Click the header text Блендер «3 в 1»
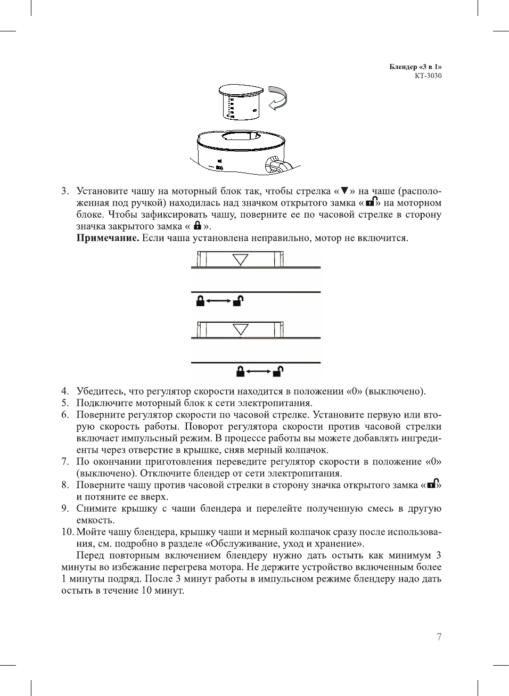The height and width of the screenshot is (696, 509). coord(415,67)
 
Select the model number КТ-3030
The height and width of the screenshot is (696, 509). coord(428,76)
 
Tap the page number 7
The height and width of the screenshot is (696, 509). coord(439,637)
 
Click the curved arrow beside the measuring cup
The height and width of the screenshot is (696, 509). coord(278,97)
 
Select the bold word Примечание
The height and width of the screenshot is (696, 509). coord(108,238)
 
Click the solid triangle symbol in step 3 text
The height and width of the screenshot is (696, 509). coord(344,191)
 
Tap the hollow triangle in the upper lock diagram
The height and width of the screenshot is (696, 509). coord(241,260)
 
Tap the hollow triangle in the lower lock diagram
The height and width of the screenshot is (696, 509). coord(241,330)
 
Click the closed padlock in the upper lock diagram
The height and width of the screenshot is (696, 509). coord(200,301)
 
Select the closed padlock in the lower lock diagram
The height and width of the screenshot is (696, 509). coord(241,371)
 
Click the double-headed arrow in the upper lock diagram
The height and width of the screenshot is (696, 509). coord(219,301)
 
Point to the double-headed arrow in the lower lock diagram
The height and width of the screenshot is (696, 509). coord(259,371)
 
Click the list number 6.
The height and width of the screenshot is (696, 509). coord(65,415)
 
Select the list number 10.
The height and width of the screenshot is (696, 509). coord(67,532)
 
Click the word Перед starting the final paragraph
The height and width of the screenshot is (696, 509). coord(91,555)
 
